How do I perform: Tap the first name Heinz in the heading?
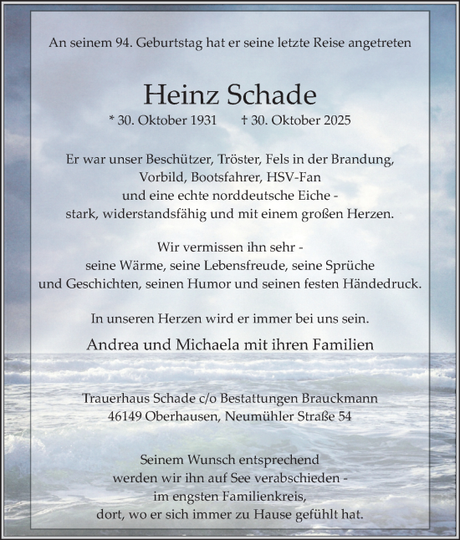175,92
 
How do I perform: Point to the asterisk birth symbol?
112,120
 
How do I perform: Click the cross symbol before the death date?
243,120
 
